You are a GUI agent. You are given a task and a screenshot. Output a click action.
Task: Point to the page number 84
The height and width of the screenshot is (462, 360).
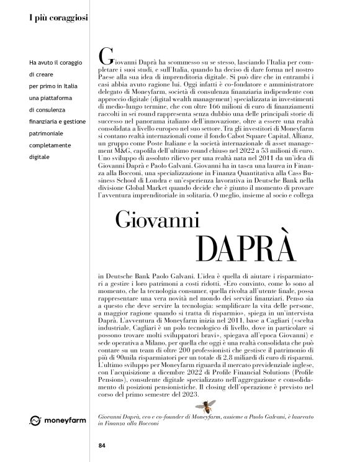102,444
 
